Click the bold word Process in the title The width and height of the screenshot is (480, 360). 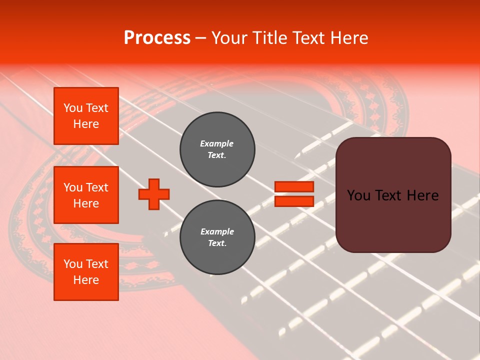click(x=157, y=38)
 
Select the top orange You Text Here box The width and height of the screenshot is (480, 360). click(x=86, y=116)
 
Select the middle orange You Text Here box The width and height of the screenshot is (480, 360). click(x=86, y=195)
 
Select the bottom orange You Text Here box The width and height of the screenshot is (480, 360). click(x=86, y=272)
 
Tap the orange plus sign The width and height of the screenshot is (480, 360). click(x=154, y=194)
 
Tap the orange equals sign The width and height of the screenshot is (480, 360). click(x=294, y=194)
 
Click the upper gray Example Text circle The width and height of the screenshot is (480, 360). click(x=217, y=149)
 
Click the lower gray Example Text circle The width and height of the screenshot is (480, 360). click(x=217, y=237)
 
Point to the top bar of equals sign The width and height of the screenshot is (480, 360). click(x=294, y=187)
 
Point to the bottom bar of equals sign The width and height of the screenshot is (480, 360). click(x=294, y=201)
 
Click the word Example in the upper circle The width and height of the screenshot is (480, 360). click(x=217, y=144)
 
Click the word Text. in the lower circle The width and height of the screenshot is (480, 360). click(x=217, y=243)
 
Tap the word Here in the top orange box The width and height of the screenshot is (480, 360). click(x=86, y=124)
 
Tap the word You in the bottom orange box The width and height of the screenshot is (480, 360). click(x=73, y=264)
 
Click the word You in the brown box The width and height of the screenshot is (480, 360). click(x=358, y=195)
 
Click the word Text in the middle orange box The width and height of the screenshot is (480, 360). click(x=97, y=187)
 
